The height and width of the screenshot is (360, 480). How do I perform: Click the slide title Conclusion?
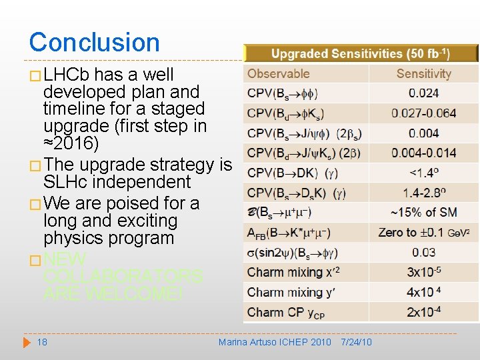[94, 42]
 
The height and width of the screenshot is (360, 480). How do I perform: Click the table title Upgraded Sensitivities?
[360, 53]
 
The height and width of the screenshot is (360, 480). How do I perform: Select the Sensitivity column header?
[423, 74]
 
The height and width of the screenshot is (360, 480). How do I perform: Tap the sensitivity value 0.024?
[423, 93]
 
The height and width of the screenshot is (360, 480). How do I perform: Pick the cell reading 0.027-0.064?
[423, 113]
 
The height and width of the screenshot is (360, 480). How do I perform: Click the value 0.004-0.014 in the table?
[423, 153]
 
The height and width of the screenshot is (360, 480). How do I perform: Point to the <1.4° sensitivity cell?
[423, 173]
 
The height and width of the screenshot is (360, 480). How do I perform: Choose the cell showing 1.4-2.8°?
[423, 193]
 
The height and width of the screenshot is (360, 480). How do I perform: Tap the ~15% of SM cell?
[423, 213]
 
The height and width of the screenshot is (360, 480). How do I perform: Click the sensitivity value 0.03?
[423, 252]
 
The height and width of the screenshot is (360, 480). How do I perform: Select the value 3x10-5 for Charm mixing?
[423, 272]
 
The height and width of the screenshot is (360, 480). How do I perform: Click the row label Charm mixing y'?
[283, 292]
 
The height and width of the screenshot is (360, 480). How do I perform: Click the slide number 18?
[42, 342]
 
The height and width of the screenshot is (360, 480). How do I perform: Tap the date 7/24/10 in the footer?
[356, 342]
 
